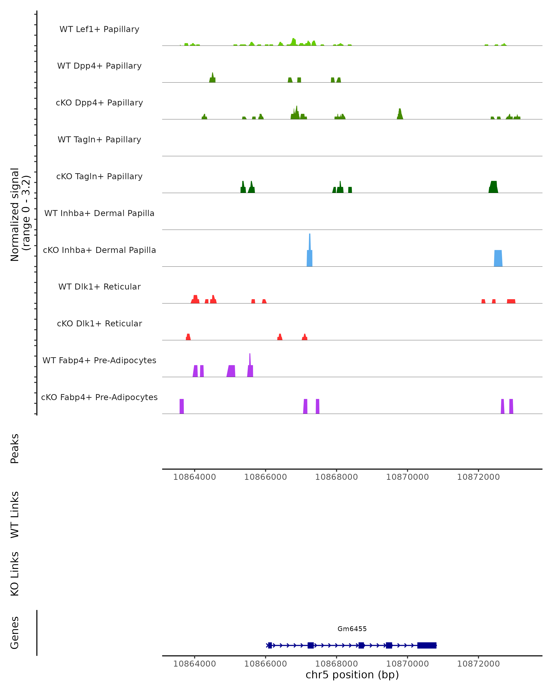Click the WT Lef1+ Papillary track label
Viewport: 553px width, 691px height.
tap(99, 29)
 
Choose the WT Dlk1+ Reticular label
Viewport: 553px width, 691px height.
tap(99, 287)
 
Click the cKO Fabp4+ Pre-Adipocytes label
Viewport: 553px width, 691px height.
tap(99, 397)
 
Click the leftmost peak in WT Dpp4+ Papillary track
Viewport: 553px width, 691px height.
tap(212, 79)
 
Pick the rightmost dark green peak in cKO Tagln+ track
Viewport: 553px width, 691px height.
tap(493, 187)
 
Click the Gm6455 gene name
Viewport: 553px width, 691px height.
tap(352, 629)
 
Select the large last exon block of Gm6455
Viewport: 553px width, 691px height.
tap(427, 645)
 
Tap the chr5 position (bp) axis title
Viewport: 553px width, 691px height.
tap(352, 675)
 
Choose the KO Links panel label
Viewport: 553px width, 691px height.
tap(15, 574)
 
